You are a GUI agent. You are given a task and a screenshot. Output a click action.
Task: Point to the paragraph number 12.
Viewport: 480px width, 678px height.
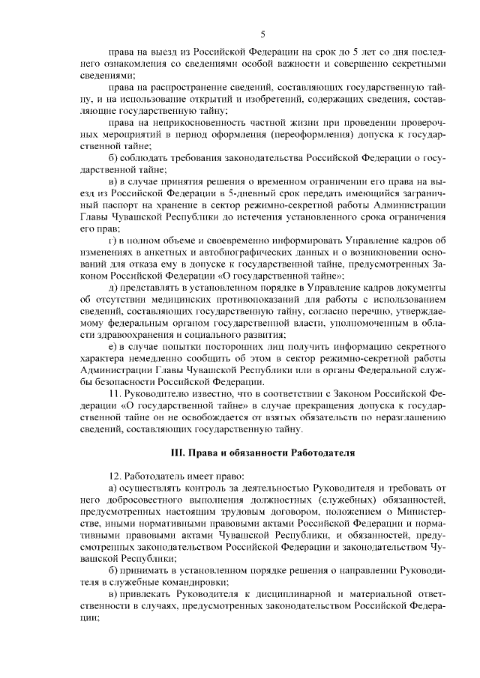(x=115, y=476)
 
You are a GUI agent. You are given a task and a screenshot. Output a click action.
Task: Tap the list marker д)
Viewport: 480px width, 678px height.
(x=113, y=288)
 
